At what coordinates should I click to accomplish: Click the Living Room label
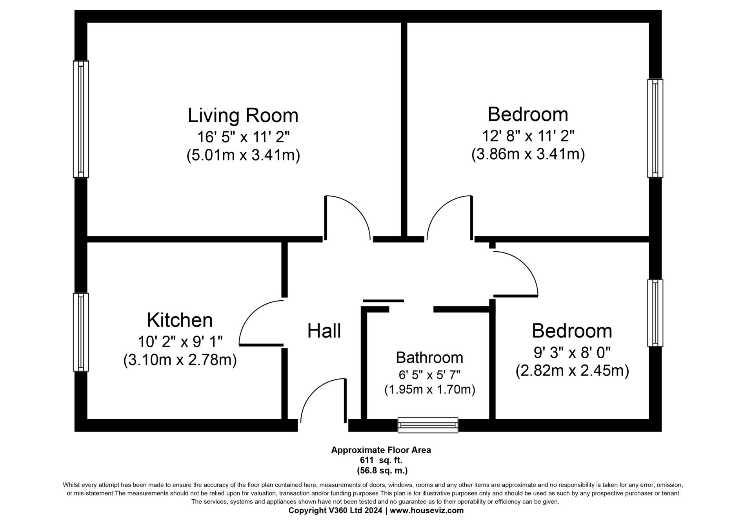(243, 115)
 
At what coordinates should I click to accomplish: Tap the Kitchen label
(180, 320)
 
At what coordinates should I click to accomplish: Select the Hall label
(324, 330)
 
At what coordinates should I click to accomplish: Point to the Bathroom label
(429, 358)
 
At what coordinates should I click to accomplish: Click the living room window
(81, 119)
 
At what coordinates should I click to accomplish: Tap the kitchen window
(81, 332)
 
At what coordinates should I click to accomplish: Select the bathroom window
(428, 425)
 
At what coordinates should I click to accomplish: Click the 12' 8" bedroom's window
(655, 128)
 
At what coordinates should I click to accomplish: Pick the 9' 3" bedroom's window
(655, 313)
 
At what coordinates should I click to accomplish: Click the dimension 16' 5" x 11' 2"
(243, 137)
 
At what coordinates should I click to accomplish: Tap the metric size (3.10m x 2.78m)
(180, 360)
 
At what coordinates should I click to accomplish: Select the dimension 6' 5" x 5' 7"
(429, 375)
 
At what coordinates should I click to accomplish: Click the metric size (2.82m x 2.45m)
(572, 370)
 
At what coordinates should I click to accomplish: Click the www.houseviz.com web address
(427, 510)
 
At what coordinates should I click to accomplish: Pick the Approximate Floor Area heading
(381, 450)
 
